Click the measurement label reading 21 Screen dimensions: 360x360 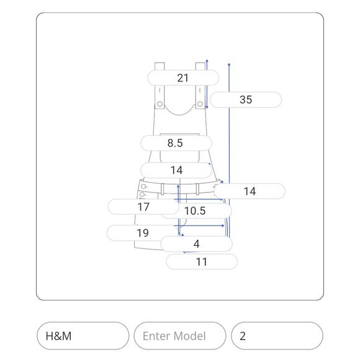(183, 78)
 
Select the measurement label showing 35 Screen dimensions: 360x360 (246, 100)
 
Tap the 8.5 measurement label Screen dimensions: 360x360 (176, 143)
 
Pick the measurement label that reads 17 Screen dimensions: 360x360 (143, 207)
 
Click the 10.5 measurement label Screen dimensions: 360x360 (196, 211)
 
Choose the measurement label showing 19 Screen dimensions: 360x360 (143, 233)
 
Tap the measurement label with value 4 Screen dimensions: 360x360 (197, 244)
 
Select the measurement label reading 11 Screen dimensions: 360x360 (202, 262)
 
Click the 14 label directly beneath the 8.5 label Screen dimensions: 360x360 (176, 170)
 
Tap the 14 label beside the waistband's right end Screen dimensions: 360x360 (250, 191)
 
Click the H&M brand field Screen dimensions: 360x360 (83, 336)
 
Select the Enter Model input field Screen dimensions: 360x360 (180, 336)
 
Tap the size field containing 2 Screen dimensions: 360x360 (277, 336)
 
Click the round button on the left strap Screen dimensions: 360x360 (160, 104)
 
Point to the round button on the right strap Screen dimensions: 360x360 (200, 104)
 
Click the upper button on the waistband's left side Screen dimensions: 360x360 (143, 186)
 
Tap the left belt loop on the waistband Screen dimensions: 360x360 (163, 189)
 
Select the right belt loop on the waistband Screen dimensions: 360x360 (197, 189)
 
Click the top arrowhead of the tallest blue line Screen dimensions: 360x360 (229, 65)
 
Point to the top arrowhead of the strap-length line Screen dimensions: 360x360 (207, 61)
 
